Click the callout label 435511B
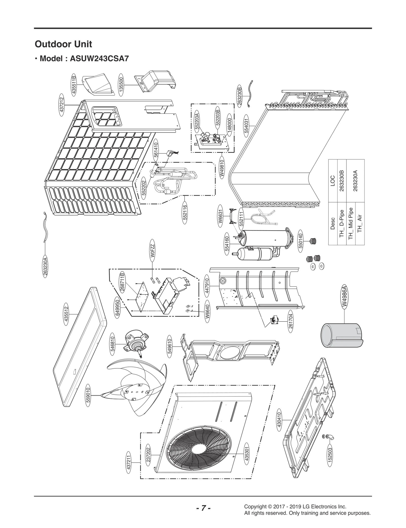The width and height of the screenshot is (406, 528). (x=74, y=84)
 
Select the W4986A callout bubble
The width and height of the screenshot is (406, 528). (x=344, y=297)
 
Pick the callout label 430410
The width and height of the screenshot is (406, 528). (x=279, y=420)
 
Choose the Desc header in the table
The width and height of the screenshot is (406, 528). (x=333, y=223)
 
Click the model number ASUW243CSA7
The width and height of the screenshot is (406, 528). (x=99, y=59)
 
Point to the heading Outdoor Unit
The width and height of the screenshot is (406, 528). (x=63, y=44)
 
